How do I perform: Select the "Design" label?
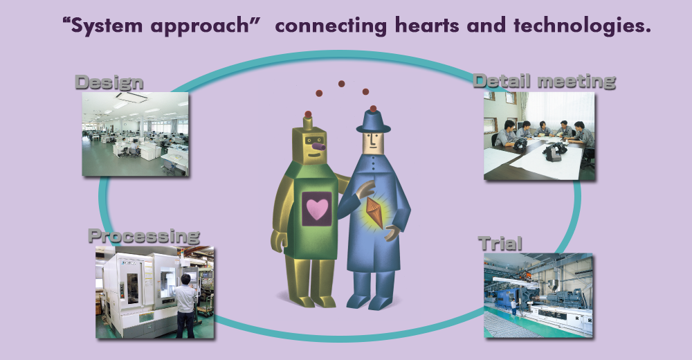[x=109, y=82]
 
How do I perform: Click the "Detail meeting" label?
[x=544, y=81]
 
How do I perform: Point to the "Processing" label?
[x=144, y=236]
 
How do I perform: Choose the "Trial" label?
[x=500, y=244]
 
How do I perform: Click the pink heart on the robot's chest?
[x=318, y=209]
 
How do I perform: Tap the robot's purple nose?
[x=318, y=145]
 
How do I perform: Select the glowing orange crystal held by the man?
[x=374, y=213]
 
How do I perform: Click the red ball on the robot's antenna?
[x=308, y=114]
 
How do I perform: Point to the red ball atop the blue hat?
[x=374, y=109]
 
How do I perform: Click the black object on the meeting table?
[x=552, y=152]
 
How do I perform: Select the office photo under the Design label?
[x=136, y=134]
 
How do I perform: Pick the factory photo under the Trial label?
[x=538, y=296]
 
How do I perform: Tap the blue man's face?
[x=374, y=143]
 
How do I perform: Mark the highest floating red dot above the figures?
[x=342, y=84]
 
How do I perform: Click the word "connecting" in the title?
[x=331, y=26]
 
